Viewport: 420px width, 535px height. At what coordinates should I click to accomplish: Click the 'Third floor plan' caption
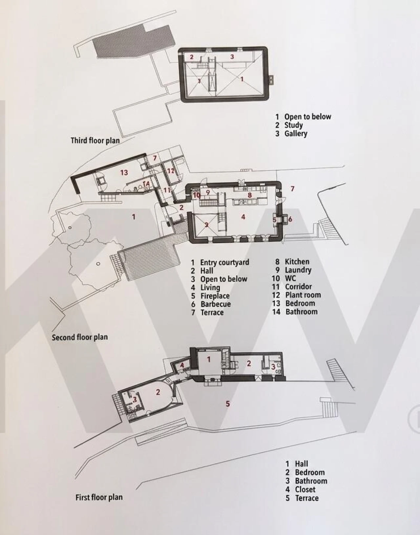click(x=95, y=141)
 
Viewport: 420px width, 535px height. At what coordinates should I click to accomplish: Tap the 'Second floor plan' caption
click(x=80, y=337)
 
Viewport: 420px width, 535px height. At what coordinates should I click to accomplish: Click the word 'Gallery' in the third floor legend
click(x=296, y=134)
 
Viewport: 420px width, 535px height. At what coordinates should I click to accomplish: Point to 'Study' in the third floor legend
click(x=294, y=125)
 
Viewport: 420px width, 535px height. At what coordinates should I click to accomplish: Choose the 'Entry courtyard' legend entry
click(x=225, y=262)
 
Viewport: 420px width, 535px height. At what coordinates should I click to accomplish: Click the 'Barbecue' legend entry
click(x=216, y=304)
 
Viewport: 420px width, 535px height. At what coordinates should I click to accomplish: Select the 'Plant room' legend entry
click(x=303, y=295)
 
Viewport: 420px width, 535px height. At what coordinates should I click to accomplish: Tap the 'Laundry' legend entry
click(x=298, y=270)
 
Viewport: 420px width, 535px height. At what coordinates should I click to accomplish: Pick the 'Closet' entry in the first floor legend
click(x=305, y=489)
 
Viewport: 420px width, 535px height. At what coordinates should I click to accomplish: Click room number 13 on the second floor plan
click(x=124, y=172)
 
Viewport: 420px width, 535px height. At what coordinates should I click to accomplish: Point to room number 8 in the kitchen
click(x=250, y=195)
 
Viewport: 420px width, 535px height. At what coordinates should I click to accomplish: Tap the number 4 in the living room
click(x=243, y=217)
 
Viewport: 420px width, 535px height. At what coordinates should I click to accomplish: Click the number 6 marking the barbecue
click(x=290, y=219)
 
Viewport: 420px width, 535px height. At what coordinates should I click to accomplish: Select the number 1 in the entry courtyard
click(x=134, y=217)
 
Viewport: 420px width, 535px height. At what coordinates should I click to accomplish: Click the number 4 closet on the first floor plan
click(x=182, y=365)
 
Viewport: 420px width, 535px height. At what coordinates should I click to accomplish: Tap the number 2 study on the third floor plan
click(x=192, y=57)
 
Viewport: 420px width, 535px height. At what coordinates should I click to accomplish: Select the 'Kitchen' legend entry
click(x=297, y=262)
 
